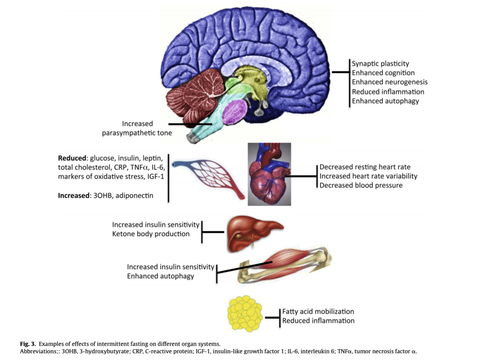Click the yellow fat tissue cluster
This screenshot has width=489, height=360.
(x=245, y=313)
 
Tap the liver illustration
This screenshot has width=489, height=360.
(x=253, y=233)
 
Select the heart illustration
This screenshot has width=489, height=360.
(x=269, y=176)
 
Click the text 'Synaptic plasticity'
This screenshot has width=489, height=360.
(x=380, y=64)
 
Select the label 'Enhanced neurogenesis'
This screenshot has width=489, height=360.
(x=389, y=82)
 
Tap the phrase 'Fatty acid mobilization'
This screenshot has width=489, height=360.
(x=318, y=311)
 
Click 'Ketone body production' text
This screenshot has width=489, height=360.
(x=151, y=234)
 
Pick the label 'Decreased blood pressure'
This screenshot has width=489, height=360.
(x=361, y=185)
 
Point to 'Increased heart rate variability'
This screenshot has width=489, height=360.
(x=368, y=176)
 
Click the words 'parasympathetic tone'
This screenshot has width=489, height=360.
(x=137, y=133)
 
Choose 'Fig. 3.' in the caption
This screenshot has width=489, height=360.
(x=28, y=344)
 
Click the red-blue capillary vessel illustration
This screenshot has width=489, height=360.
(x=209, y=178)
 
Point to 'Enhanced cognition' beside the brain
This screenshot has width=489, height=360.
(x=383, y=73)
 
